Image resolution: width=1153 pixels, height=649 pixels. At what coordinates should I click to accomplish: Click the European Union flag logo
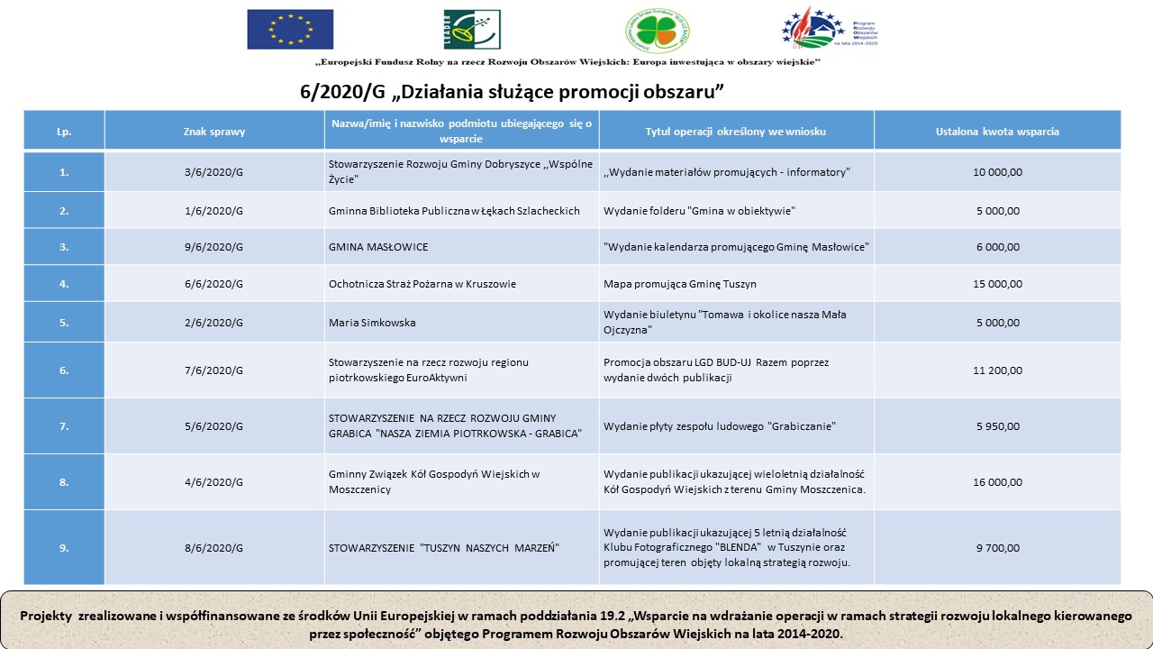(290, 29)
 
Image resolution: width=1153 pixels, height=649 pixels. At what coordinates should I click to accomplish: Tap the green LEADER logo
(471, 29)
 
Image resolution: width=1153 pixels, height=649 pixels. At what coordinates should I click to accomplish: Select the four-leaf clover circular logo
(658, 31)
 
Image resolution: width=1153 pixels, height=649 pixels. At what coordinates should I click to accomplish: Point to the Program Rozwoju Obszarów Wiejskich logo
(829, 29)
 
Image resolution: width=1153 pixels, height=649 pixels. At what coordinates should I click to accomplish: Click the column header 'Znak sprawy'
(214, 131)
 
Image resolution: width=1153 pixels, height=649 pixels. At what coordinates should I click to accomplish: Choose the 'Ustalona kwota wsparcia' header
(997, 131)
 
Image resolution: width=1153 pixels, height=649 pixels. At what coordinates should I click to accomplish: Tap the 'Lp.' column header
(64, 131)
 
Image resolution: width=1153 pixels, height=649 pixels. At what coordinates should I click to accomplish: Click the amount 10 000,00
(997, 172)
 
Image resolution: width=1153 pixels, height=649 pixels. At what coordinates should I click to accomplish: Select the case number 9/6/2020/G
(214, 247)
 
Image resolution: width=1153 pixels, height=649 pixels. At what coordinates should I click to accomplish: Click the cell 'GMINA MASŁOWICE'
(378, 247)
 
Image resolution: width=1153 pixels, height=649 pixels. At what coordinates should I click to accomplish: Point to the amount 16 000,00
(997, 482)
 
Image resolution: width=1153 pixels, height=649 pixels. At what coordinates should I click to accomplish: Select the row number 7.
(64, 426)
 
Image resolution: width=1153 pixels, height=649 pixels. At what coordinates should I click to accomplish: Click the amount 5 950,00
(997, 426)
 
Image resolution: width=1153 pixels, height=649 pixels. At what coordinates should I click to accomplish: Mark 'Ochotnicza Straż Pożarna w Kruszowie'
(422, 284)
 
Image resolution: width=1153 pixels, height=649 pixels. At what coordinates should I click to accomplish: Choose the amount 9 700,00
(997, 548)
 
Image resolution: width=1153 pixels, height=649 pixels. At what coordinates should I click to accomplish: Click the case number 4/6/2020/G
(214, 482)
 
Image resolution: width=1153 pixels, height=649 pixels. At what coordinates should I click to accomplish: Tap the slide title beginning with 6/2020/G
(513, 92)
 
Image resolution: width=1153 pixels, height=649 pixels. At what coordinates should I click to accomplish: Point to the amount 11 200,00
(997, 370)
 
